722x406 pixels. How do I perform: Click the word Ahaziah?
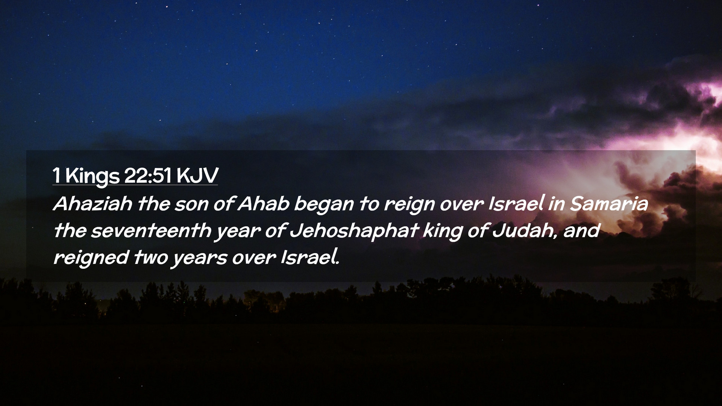93,204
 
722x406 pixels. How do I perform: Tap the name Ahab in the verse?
263,204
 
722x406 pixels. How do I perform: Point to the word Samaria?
609,204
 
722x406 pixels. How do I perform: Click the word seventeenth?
151,230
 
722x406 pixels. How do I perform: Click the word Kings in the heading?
92,176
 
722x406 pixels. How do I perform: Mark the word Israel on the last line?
310,258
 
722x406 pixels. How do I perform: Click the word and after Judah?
581,230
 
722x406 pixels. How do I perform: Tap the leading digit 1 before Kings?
56,175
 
